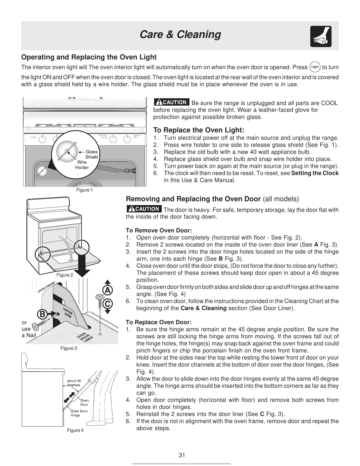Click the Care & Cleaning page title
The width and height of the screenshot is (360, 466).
[x=180, y=34]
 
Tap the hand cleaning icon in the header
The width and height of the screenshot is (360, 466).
[x=321, y=36]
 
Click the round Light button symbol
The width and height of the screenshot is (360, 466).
[x=315, y=67]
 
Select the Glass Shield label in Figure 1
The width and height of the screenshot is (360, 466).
[x=91, y=154]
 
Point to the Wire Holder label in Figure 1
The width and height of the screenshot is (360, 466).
[x=82, y=165]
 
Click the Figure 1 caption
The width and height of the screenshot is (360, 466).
[x=84, y=190]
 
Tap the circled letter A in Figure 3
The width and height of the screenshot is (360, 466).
[x=108, y=290]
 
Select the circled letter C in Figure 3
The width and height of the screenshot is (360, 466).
[x=108, y=303]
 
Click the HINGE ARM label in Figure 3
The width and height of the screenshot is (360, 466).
[x=68, y=312]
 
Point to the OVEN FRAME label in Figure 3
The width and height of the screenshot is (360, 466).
[x=46, y=287]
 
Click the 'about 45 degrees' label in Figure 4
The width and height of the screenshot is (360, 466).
[x=74, y=383]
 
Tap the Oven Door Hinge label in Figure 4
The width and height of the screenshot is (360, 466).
[x=79, y=413]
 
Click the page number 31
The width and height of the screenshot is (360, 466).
[x=182, y=455]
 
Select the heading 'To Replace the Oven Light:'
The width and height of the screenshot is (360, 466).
[x=199, y=130]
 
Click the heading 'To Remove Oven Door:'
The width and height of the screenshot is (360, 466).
[x=159, y=230]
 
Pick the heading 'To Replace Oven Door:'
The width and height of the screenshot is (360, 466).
[x=159, y=322]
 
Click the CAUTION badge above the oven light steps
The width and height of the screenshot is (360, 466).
[x=171, y=102]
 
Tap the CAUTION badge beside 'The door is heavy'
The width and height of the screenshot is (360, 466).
[x=144, y=209]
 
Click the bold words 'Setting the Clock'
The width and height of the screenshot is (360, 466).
[x=315, y=173]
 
